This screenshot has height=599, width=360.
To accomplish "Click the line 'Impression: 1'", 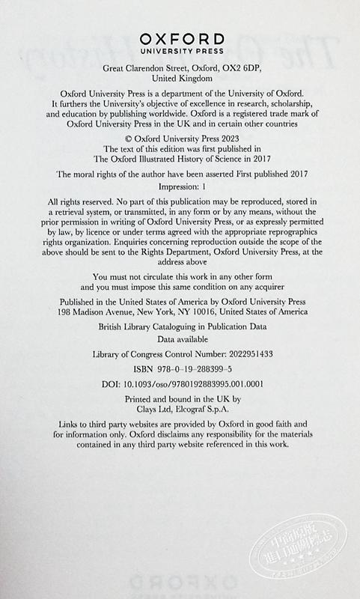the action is coord(180,186).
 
